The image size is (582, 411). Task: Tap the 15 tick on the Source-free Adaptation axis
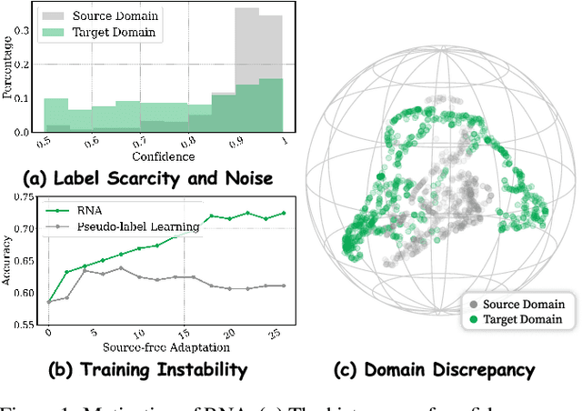(185, 333)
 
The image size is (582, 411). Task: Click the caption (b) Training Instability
(148, 370)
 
